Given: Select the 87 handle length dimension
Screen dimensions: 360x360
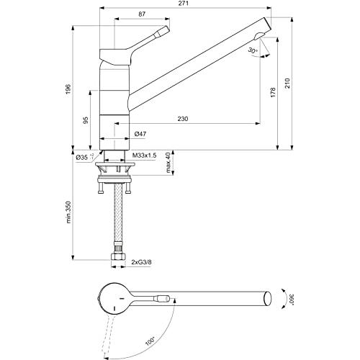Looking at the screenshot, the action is pyautogui.click(x=142, y=14).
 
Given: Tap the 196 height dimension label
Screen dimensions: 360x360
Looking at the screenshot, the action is pyautogui.click(x=68, y=89).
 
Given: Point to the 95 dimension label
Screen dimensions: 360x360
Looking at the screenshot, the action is pyautogui.click(x=86, y=120).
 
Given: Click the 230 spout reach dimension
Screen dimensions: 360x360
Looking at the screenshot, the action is pyautogui.click(x=183, y=119).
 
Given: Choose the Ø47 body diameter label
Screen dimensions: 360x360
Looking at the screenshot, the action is pyautogui.click(x=140, y=134).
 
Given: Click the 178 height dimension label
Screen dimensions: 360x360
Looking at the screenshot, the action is pyautogui.click(x=273, y=92).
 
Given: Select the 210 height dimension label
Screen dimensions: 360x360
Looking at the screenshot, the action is pyautogui.click(x=287, y=84).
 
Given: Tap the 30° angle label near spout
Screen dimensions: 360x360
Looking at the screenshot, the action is pyautogui.click(x=253, y=50).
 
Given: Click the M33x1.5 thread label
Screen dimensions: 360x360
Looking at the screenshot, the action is pyautogui.click(x=145, y=156).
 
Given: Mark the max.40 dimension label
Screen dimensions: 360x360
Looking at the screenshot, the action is pyautogui.click(x=168, y=163).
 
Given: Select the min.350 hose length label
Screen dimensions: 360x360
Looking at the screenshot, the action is pyautogui.click(x=69, y=212).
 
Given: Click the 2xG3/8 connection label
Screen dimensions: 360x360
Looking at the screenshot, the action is pyautogui.click(x=142, y=262).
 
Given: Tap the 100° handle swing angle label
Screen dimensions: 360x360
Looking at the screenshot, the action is pyautogui.click(x=150, y=341).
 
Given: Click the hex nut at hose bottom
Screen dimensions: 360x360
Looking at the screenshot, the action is pyautogui.click(x=119, y=257).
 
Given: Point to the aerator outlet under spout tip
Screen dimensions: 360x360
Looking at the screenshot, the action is pyautogui.click(x=258, y=36).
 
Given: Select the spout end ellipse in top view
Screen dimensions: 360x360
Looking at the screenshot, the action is pyautogui.click(x=268, y=299).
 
